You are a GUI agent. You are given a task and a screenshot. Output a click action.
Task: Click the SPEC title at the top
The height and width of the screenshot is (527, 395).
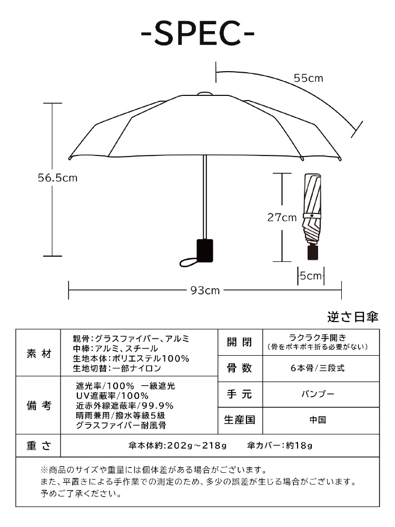[x=197, y=33]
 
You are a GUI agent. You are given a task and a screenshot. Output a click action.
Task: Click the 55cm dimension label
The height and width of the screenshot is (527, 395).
[x=308, y=78]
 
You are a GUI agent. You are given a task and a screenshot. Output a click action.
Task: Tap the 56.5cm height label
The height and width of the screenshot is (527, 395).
[x=57, y=178]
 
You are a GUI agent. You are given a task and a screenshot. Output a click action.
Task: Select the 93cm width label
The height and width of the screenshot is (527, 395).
[x=205, y=290]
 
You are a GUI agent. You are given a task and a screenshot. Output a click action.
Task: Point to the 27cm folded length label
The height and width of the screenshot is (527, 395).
[x=282, y=218]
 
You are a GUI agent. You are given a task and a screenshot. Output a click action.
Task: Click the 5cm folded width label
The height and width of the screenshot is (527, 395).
[x=311, y=276]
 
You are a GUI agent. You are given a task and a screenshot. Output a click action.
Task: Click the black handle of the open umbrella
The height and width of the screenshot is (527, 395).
[x=205, y=250]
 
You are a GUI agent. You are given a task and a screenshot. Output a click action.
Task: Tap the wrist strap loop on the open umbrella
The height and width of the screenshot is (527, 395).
[x=188, y=262]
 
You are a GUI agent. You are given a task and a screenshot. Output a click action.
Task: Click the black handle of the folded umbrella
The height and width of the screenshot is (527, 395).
[x=313, y=252]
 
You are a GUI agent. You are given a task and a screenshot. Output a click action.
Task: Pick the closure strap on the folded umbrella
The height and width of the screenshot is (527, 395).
[x=312, y=216]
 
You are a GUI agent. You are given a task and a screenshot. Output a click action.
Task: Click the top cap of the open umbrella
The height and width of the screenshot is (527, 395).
[x=204, y=93]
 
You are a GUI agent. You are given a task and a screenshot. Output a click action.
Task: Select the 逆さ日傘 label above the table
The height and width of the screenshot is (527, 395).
[x=353, y=317]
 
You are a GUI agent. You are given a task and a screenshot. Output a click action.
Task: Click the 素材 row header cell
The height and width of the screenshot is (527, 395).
[x=38, y=353]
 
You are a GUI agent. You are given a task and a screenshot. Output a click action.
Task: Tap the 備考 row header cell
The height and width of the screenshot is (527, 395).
[x=38, y=405]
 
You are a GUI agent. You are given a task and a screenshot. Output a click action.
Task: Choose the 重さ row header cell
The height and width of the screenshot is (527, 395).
[x=38, y=446]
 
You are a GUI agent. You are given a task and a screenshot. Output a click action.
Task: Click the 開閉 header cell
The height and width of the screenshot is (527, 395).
[x=240, y=343]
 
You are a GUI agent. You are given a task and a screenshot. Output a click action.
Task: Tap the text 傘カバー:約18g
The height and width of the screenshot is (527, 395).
[x=280, y=446]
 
